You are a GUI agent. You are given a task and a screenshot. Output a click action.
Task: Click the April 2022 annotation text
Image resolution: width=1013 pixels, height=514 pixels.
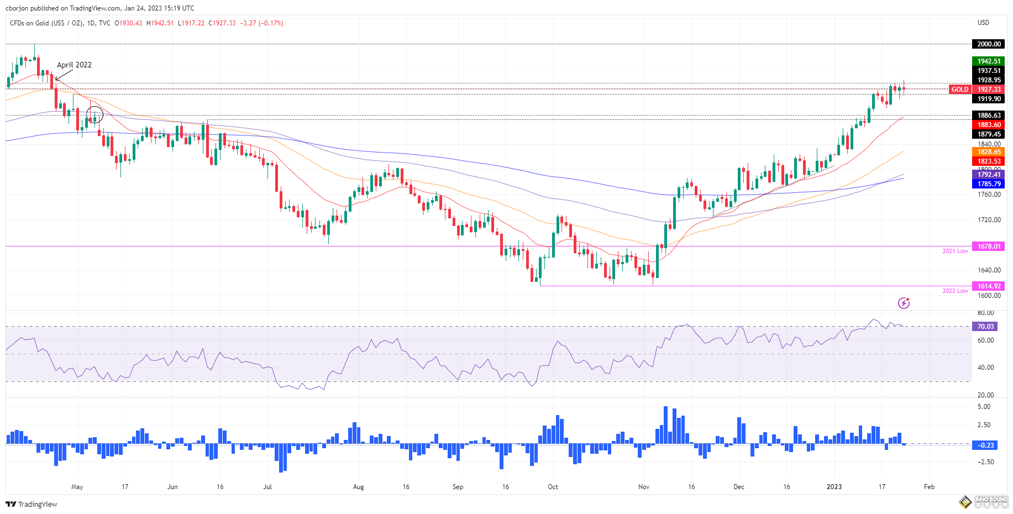tap(74, 65)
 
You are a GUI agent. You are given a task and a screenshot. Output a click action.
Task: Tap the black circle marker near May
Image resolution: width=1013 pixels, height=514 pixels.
tap(95, 114)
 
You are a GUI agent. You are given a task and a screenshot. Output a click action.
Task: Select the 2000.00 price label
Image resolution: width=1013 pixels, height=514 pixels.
tap(989, 44)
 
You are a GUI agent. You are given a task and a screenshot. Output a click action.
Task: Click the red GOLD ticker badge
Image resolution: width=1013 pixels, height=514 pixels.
tap(959, 90)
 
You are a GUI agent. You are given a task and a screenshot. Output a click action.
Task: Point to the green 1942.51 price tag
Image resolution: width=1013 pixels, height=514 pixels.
tap(989, 61)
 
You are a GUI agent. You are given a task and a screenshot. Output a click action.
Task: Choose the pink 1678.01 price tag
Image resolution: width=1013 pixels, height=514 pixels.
tap(989, 246)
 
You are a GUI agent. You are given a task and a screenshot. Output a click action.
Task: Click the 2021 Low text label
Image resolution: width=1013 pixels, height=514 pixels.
tap(955, 251)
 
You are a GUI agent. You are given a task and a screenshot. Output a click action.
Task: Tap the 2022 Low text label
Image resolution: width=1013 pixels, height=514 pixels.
tap(955, 291)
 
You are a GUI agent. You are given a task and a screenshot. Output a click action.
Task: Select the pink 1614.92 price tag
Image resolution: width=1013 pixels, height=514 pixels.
tap(989, 286)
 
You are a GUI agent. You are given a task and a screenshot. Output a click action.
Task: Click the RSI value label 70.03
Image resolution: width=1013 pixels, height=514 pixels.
tap(985, 327)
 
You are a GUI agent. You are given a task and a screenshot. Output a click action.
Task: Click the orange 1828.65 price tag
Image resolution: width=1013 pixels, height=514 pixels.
tap(989, 152)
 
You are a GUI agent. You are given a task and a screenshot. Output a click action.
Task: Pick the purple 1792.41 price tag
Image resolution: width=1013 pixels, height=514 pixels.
tap(989, 175)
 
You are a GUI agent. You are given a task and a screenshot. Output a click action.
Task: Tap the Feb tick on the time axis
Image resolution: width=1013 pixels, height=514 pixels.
tap(929, 487)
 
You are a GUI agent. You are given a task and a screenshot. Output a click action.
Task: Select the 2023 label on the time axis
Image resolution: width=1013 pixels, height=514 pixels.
tap(834, 487)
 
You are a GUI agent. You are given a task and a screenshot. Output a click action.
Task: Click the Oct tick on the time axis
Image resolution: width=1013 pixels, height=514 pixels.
tap(553, 487)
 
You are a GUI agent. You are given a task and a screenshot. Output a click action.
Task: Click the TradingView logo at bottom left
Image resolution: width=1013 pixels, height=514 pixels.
tap(32, 504)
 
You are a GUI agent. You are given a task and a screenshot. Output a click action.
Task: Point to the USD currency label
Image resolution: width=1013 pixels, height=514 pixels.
tap(983, 23)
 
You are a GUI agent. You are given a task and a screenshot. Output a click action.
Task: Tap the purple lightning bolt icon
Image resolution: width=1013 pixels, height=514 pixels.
tap(904, 303)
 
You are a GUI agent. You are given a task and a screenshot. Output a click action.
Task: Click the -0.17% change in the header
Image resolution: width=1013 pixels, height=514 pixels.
tap(272, 23)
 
